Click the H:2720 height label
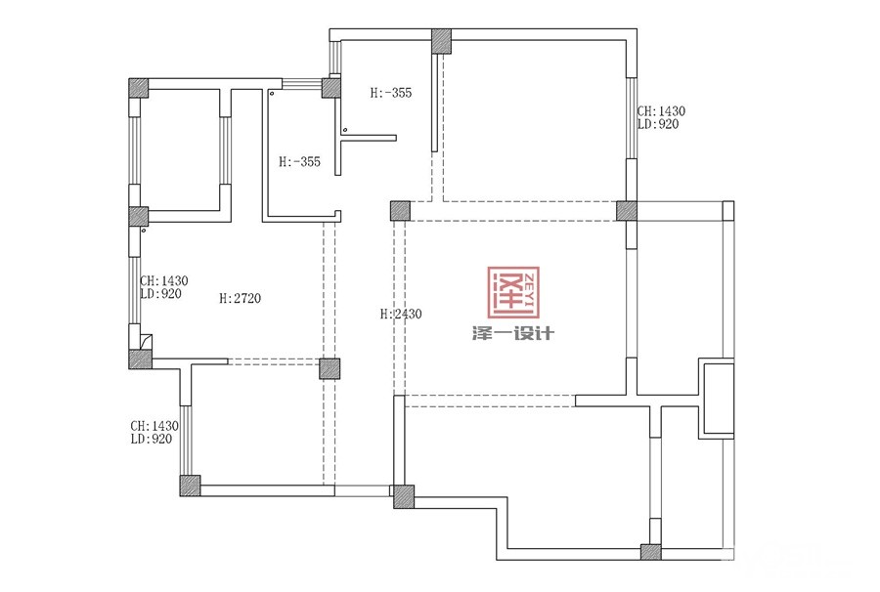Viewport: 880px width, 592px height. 241,298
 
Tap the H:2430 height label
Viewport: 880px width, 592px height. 401,314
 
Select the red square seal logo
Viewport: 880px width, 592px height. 513,292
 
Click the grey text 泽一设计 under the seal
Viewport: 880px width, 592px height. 513,334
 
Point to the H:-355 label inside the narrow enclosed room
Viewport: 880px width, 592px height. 300,162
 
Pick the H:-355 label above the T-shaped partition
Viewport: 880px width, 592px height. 391,93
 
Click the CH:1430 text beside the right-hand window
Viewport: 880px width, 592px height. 661,111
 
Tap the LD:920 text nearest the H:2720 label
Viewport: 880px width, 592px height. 161,294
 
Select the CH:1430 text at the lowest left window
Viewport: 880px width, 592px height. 154,426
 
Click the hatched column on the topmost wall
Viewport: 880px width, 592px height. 442,41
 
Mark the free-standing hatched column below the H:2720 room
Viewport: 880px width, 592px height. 330,369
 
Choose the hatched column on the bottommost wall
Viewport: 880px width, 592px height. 651,552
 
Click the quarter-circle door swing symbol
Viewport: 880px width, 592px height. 146,341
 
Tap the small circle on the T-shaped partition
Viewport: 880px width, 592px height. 345,130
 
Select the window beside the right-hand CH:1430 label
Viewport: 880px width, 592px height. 632,118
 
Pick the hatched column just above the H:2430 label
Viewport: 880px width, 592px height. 400,211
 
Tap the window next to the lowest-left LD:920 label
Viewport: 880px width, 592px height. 186,441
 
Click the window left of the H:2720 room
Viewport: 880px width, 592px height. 135,290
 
